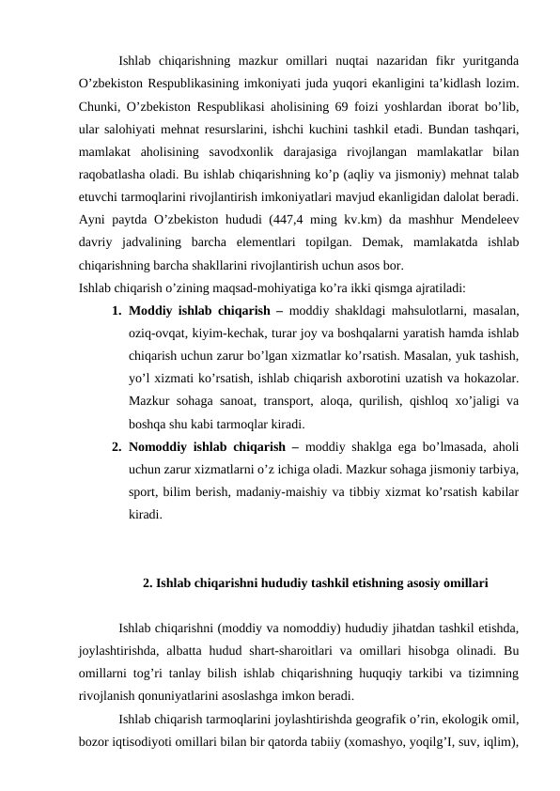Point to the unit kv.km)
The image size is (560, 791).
(x=385, y=222)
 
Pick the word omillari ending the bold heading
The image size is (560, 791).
(x=462, y=583)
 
